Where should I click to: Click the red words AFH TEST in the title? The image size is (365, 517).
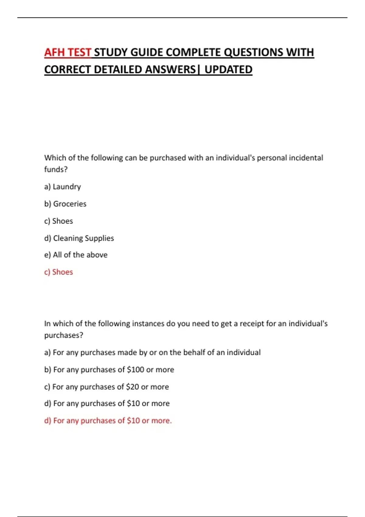(68, 52)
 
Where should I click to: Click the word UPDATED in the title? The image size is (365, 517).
(228, 70)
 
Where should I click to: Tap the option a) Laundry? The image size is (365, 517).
(62, 186)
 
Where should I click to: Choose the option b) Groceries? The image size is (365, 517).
(65, 204)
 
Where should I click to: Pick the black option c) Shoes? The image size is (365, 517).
(58, 221)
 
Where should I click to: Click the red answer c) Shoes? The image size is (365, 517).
(58, 272)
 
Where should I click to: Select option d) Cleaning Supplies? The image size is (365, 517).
(79, 238)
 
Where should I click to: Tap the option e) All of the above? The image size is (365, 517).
(76, 255)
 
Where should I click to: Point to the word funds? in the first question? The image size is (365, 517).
(56, 169)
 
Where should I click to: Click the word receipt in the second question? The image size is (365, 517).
(252, 324)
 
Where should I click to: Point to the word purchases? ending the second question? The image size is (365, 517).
(64, 335)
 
